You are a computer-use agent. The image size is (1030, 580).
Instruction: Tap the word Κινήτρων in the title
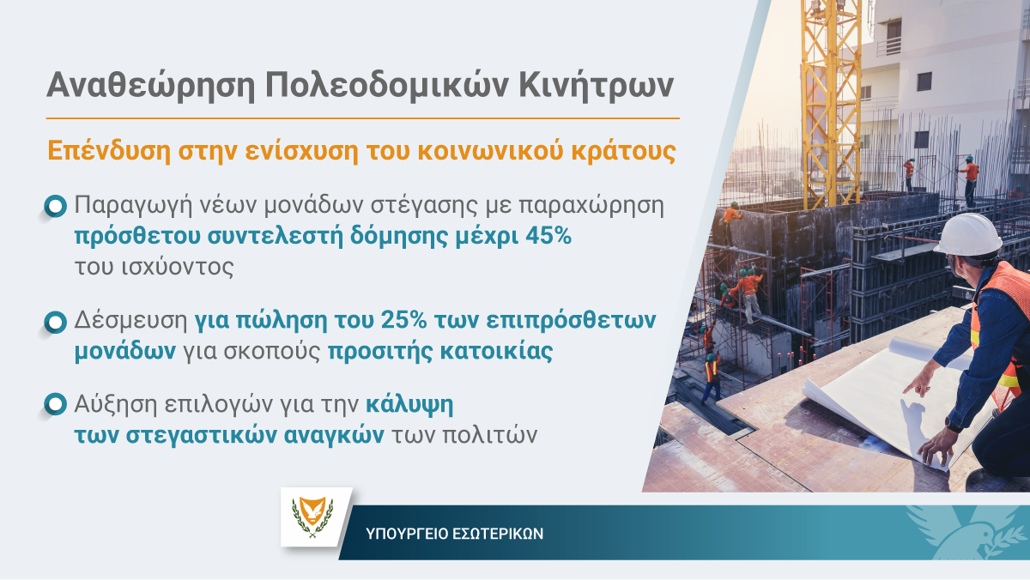coord(596,85)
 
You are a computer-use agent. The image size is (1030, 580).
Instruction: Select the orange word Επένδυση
coord(109,151)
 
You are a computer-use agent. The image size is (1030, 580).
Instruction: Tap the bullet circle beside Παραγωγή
coord(56,207)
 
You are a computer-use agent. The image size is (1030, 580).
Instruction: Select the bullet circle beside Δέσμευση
coord(56,322)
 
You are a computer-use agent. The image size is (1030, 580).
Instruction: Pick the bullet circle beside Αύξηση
coord(56,404)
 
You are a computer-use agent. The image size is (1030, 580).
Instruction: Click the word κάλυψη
coord(409,405)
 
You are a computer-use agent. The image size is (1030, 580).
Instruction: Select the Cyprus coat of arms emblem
coord(312,517)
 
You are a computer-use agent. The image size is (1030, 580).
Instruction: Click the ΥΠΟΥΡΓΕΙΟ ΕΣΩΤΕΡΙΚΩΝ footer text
coord(454,534)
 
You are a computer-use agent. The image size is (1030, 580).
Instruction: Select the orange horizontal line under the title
coord(363,118)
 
